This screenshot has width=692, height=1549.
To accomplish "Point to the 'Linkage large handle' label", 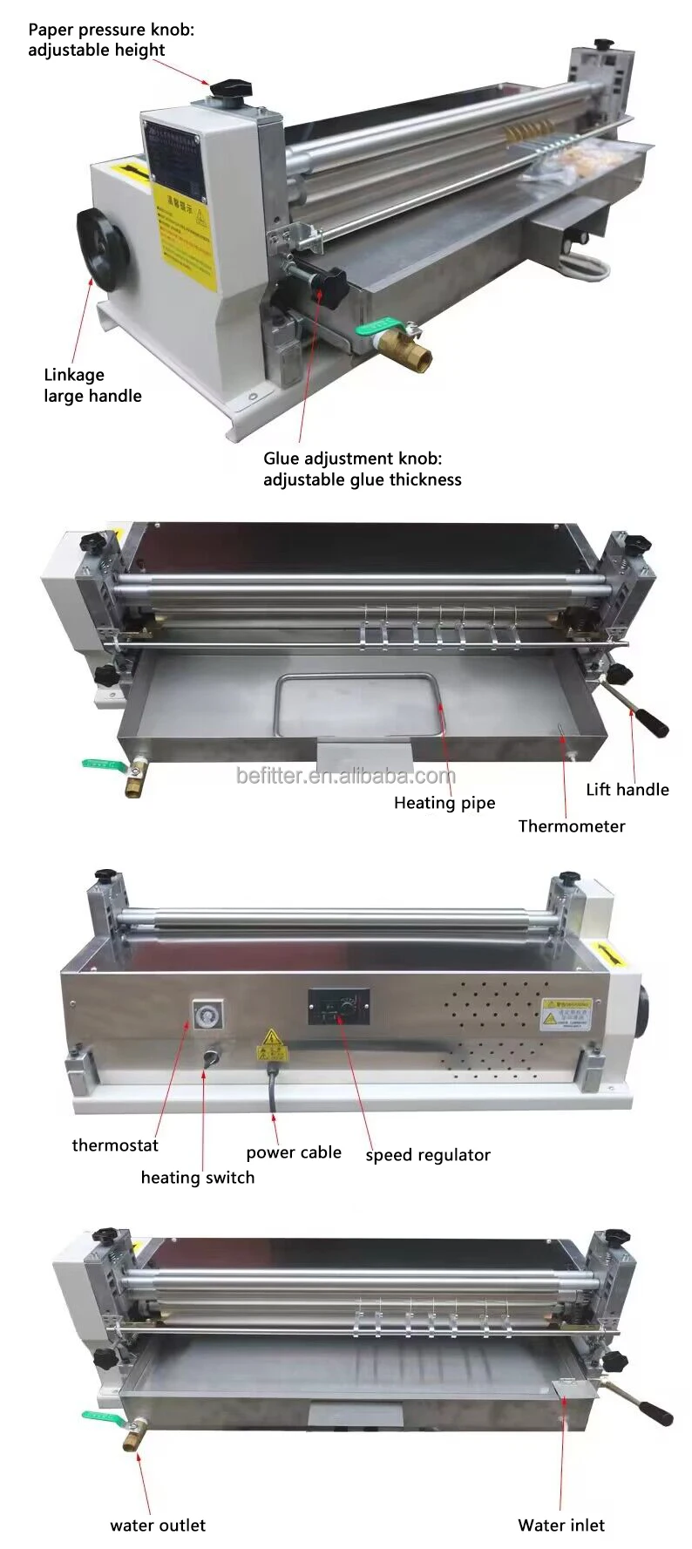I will [x=92, y=385].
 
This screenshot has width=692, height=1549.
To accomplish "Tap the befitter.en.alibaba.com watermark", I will [x=345, y=775].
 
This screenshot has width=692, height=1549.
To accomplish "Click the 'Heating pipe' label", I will [x=444, y=803].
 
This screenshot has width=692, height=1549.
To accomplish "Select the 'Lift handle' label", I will [x=627, y=790].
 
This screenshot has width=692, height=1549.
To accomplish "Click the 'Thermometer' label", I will [x=571, y=826].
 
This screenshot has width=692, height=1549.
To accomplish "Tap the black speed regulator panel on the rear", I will [x=338, y=1007].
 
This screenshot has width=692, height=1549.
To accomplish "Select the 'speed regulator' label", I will [x=427, y=1155].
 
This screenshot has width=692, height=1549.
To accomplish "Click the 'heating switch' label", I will [x=198, y=1178].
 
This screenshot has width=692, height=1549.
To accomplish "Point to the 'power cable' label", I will [x=294, y=1152].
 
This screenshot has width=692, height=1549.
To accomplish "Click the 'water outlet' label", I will [x=158, y=1525].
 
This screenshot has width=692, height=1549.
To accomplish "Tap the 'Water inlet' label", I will [x=560, y=1525].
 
